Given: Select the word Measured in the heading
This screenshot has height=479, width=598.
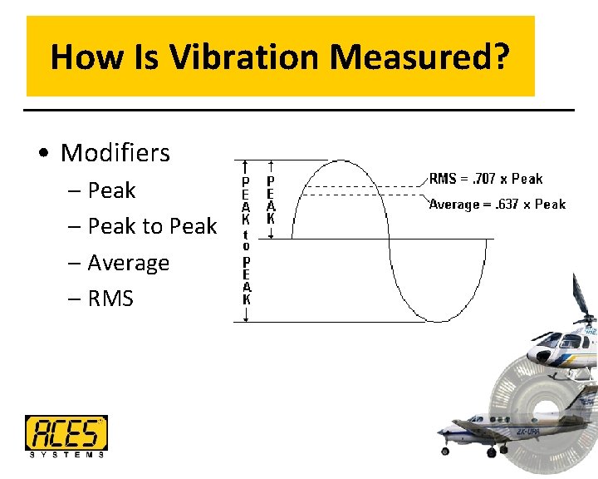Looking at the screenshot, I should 419,57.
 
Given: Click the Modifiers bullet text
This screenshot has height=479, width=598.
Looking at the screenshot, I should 115,153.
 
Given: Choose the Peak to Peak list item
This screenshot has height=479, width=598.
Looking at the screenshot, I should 151,226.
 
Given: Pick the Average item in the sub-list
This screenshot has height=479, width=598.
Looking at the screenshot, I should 128,263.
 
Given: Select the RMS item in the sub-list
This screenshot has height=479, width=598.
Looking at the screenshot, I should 110,299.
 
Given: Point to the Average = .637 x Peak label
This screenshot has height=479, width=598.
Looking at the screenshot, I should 497,204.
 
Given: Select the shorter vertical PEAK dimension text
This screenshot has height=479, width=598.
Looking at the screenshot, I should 270,200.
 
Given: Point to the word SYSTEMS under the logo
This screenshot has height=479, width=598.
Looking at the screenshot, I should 66,454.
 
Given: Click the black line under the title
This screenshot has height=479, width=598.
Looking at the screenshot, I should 299,110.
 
